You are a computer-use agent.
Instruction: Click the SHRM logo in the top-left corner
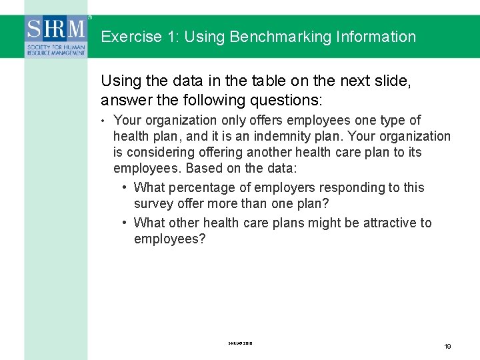(x=57, y=37)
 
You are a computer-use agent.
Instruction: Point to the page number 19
(x=447, y=347)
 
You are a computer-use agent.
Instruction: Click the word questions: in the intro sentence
(x=289, y=100)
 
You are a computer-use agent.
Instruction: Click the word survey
(x=155, y=204)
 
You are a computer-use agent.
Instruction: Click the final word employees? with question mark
(x=169, y=239)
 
